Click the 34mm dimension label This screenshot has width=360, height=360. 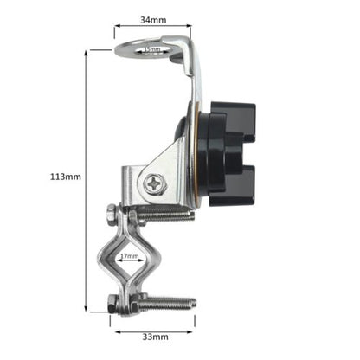153,18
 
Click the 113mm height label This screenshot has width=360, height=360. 66,177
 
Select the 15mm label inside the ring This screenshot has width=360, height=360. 151,49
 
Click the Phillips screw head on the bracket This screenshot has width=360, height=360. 154,183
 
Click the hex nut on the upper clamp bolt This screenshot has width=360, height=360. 112,213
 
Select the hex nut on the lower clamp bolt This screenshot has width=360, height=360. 112,303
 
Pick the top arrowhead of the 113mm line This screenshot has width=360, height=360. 87,52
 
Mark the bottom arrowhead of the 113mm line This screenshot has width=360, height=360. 87,309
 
